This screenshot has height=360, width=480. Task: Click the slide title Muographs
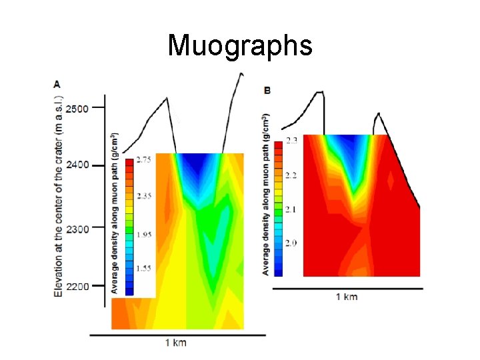240,46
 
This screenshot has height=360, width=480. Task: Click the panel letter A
57,84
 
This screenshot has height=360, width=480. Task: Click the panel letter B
267,89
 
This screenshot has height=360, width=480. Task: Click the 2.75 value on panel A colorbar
144,160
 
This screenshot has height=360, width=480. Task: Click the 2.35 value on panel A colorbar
144,196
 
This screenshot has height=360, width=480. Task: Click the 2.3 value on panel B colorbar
291,141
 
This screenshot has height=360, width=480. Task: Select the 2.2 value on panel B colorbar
291,175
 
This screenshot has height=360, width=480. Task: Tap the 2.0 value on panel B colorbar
291,243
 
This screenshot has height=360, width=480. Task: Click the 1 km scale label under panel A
176,343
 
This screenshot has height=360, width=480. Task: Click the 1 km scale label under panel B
346,296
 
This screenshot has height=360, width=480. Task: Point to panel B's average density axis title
265,197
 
